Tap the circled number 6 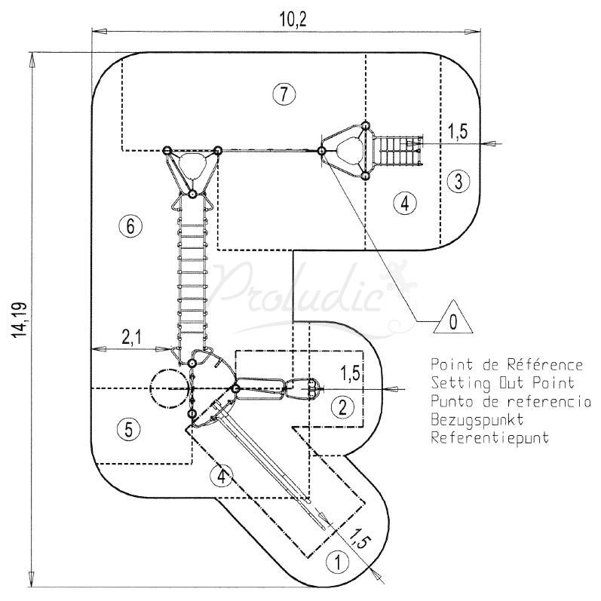tap(130, 225)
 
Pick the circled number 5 tap(129, 429)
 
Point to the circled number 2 tap(342, 407)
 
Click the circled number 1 tap(338, 562)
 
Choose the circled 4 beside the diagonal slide tap(221, 477)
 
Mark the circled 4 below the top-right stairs tap(405, 202)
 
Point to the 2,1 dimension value tap(131, 339)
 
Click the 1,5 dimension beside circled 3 tap(458, 131)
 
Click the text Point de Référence tap(507, 365)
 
